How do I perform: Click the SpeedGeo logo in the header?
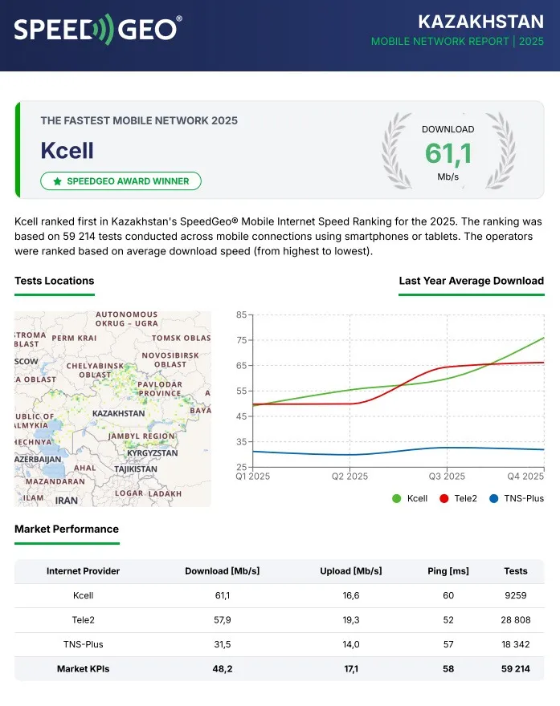point(97,30)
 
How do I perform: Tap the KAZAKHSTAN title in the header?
point(481,21)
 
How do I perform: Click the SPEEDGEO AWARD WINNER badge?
point(121,181)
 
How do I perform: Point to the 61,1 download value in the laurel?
point(448,152)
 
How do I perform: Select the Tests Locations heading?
point(54,281)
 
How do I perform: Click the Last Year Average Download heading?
point(471,281)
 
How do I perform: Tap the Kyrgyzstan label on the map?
point(152,453)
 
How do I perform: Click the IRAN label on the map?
point(67,501)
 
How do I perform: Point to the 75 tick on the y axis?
point(241,340)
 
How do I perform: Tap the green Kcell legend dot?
point(396,498)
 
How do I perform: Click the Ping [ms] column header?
point(448,571)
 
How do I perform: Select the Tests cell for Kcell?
point(515,595)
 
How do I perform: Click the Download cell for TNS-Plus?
point(222,644)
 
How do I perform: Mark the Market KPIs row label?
point(83,669)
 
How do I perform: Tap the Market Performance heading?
point(67,529)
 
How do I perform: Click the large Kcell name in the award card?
point(67,150)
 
